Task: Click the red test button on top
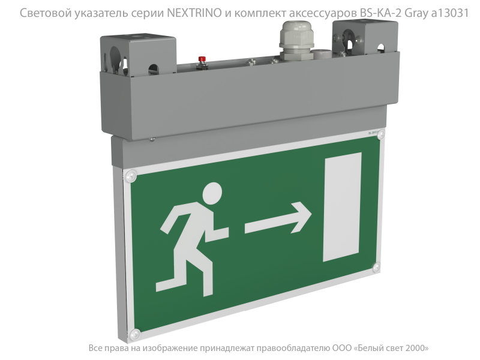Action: tap(202, 59)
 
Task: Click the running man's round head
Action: tap(212, 193)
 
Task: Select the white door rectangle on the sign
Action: tap(342, 207)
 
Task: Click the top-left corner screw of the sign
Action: tap(131, 176)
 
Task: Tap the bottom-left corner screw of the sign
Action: tap(134, 334)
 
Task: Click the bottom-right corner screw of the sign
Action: tap(377, 267)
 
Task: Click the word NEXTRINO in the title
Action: tap(194, 13)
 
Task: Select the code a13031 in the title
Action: tap(450, 13)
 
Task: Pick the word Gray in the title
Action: tap(416, 13)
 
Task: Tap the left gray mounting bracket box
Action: tap(139, 55)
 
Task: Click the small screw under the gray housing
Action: tap(152, 139)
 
